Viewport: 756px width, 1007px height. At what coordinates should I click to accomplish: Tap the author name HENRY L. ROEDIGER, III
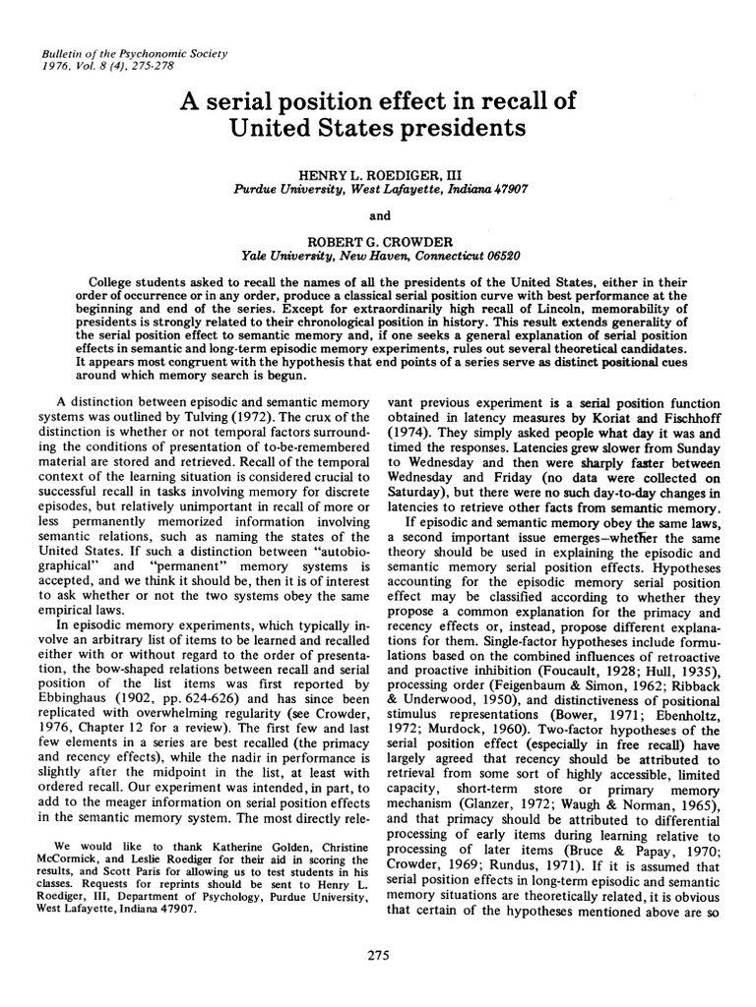377,171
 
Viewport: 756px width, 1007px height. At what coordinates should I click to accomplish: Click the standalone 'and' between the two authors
378,213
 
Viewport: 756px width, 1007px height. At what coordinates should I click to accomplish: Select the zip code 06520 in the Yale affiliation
491,255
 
